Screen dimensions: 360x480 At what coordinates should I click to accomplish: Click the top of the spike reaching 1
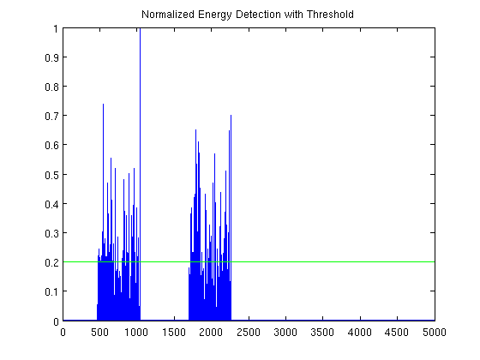(140, 30)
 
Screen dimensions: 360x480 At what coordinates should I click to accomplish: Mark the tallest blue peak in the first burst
(103, 105)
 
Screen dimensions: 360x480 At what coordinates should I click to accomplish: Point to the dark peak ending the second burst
(231, 116)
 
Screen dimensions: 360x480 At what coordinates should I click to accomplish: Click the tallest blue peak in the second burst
(195, 130)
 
